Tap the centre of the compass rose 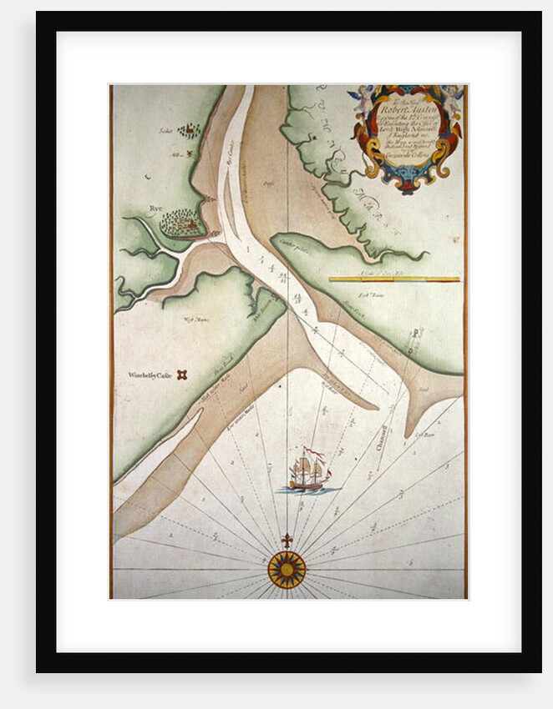287,570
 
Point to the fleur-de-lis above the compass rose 287,541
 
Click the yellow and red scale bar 394,279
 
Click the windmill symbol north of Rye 190,154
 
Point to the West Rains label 196,319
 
